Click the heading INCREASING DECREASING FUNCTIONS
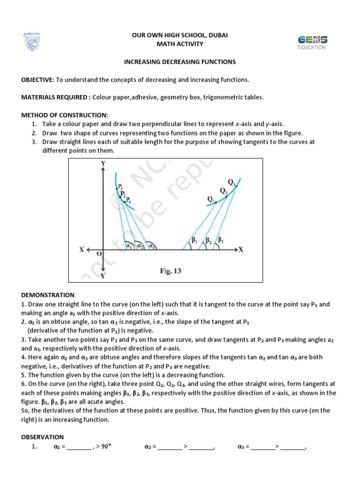click(x=180, y=61)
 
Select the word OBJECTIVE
click(x=38, y=80)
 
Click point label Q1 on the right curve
click(x=232, y=182)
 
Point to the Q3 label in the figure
click(x=210, y=199)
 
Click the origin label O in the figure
click(x=98, y=254)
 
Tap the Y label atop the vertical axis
click(x=103, y=163)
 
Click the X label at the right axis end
click(x=241, y=250)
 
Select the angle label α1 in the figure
click(x=128, y=245)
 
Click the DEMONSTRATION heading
click(x=48, y=295)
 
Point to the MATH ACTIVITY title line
click(x=180, y=44)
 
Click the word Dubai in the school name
click(x=217, y=35)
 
